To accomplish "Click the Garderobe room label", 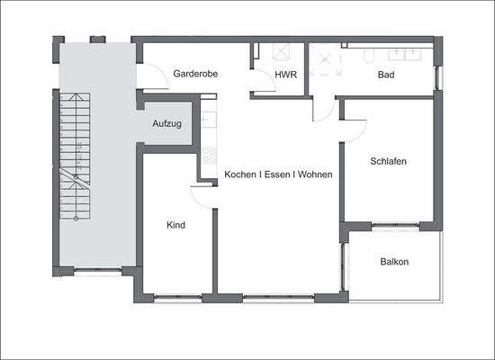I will click(x=197, y=74).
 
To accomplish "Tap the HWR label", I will click(x=285, y=74).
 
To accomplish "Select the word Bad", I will click(x=386, y=74).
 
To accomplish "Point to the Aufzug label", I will click(x=166, y=123).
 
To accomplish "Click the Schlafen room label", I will click(x=389, y=162).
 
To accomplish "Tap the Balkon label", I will click(x=394, y=262).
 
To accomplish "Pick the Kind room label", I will click(x=176, y=225).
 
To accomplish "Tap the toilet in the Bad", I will click(x=369, y=55).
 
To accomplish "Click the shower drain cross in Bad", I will click(x=325, y=56).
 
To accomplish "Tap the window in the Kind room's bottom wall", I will click(x=176, y=296).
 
